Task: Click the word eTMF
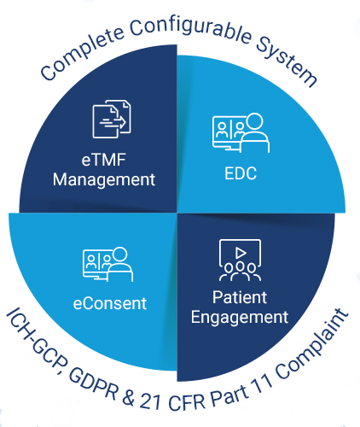click(104, 160)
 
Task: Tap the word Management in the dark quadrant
click(104, 180)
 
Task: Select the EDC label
click(241, 173)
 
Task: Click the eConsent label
click(110, 303)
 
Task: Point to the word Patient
click(240, 297)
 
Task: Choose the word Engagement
click(240, 318)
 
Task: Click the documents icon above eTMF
click(112, 119)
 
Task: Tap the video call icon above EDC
click(241, 132)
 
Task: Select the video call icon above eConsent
click(108, 264)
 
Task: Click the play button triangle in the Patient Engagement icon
click(241, 253)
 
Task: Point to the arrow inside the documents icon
click(113, 122)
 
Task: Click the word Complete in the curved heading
click(82, 54)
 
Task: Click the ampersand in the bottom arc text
click(129, 398)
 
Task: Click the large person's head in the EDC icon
click(254, 122)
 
